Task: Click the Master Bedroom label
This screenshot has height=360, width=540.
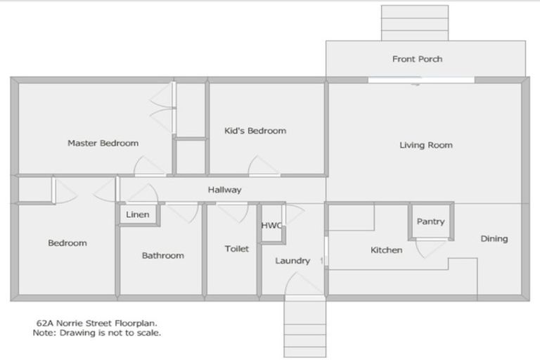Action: coord(103,143)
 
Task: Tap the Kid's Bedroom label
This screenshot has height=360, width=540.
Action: coord(255,131)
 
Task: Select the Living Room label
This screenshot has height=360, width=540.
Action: coord(425,146)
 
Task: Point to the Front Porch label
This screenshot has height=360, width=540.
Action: coord(417,59)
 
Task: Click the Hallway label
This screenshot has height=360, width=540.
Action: coord(224,190)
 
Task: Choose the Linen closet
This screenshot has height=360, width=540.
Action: coord(138,214)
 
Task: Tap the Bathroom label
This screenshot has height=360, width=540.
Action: coord(162,256)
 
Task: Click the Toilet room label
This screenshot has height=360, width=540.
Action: coord(236,249)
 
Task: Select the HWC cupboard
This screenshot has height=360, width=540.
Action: coord(271,226)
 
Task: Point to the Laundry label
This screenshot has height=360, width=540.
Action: coord(292,261)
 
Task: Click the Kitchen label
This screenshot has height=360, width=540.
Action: coord(386,250)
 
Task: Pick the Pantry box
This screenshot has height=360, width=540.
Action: coord(430,221)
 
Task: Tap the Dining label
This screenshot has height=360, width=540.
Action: coord(494,239)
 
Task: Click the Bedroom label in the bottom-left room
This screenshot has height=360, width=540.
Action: coord(67,243)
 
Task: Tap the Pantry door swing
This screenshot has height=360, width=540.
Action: coord(430,247)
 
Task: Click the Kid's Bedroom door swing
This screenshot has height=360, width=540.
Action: coord(264,167)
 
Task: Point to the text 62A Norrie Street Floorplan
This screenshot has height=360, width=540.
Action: coord(97,323)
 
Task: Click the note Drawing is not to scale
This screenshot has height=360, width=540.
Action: coord(96,333)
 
